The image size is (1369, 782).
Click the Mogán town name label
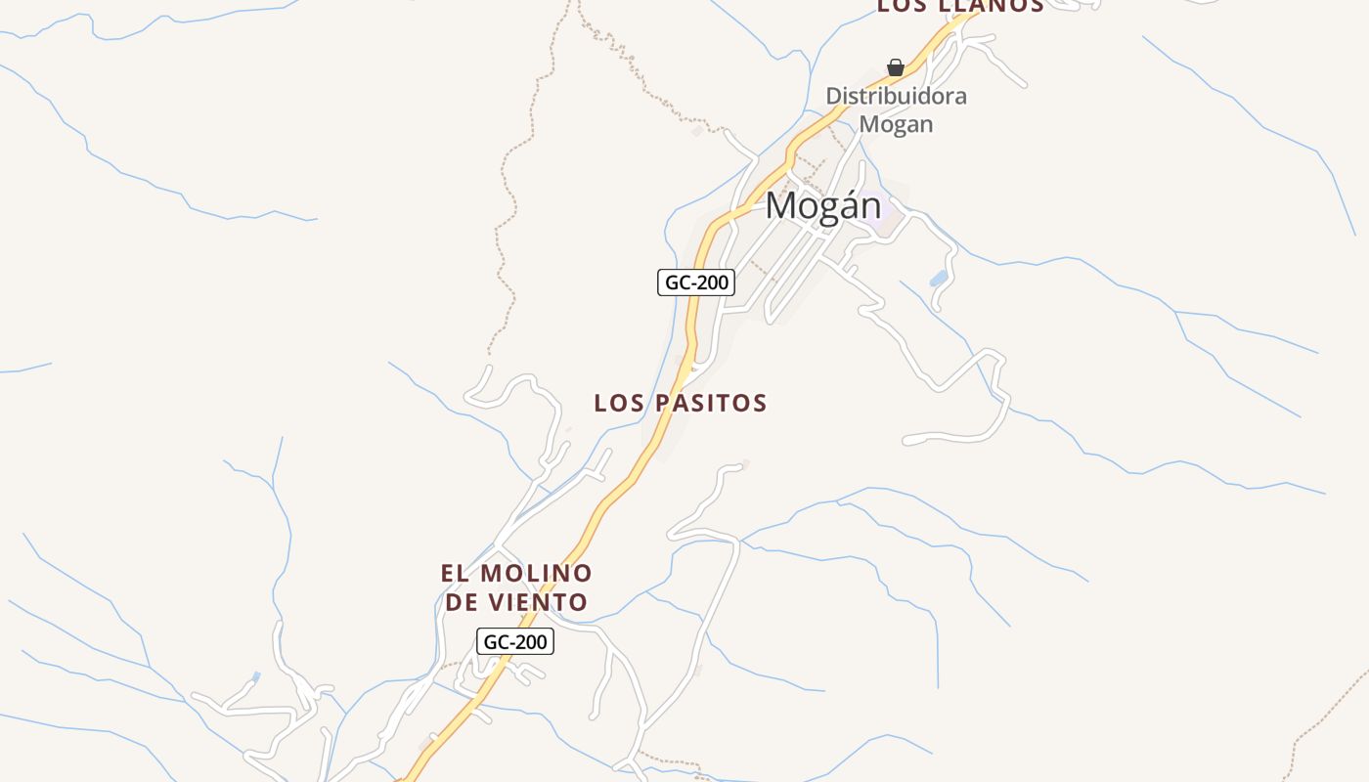(822, 206)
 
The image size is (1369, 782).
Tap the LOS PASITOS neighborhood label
(681, 403)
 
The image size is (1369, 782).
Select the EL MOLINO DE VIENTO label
(516, 587)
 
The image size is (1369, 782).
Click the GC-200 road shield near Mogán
(695, 283)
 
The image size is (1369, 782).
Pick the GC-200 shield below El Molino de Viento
(515, 642)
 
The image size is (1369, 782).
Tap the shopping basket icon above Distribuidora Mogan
(895, 67)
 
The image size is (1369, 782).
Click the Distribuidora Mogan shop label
(896, 109)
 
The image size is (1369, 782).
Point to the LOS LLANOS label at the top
(959, 6)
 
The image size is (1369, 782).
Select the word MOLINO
(536, 573)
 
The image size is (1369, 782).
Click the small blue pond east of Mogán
(939, 279)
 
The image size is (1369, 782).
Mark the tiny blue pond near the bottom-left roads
(256, 676)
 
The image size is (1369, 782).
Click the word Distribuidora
(896, 96)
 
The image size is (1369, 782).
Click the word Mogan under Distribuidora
(896, 124)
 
